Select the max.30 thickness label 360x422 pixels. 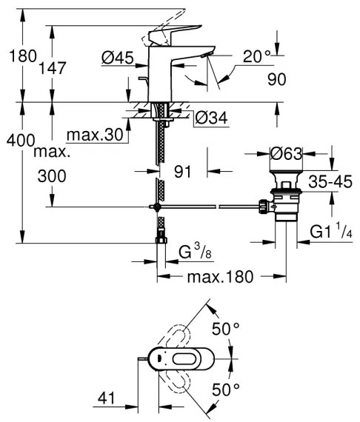click(94, 135)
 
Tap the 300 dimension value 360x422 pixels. click(50, 176)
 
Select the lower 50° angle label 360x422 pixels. click(226, 388)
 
